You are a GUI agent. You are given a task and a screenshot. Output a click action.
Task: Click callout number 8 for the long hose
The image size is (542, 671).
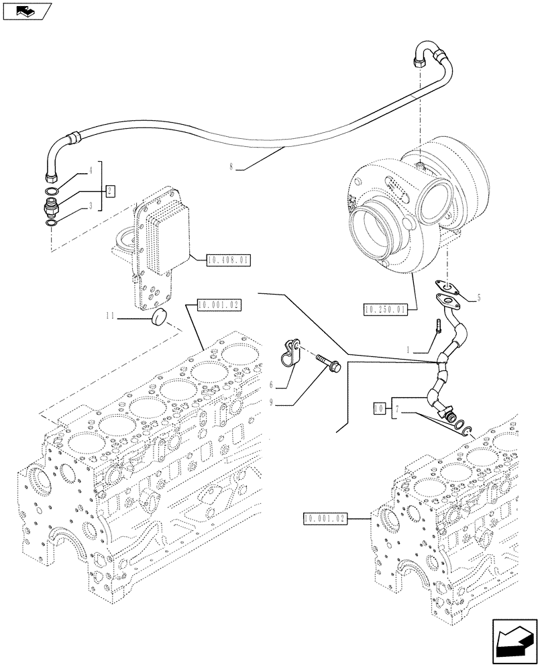[231, 166]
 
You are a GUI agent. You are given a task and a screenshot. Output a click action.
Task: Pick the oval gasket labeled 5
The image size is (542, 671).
[447, 289]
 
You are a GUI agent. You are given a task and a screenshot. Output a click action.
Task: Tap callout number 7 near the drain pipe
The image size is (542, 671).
[397, 407]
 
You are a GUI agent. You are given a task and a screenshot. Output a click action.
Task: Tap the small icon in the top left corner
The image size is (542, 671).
[26, 11]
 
